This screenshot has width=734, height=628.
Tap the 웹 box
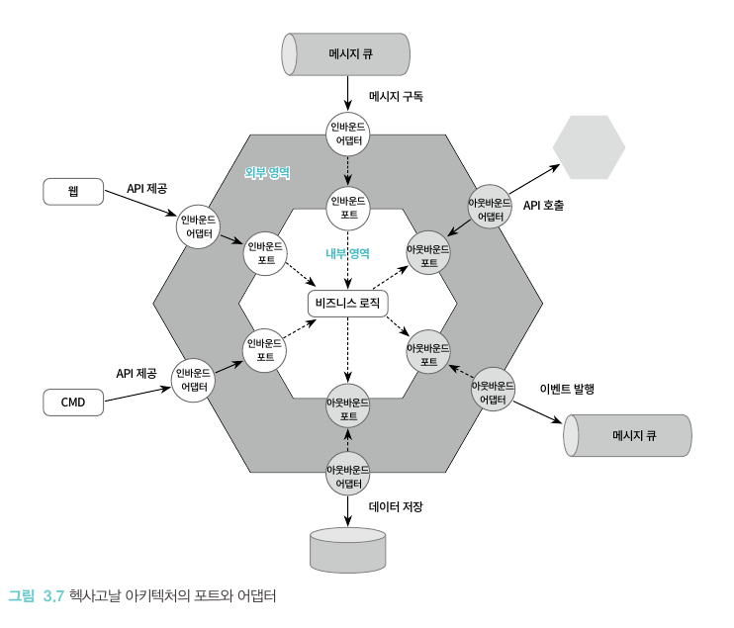click(x=73, y=191)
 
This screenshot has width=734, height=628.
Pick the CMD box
click(x=73, y=402)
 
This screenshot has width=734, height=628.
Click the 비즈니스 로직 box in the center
click(x=346, y=303)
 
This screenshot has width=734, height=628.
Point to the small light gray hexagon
click(x=590, y=147)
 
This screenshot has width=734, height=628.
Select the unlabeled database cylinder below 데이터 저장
click(x=347, y=549)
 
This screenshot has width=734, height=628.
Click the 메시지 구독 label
click(x=396, y=97)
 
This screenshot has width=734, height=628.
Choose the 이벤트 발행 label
click(x=567, y=389)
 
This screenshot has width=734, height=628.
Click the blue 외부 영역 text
click(x=267, y=172)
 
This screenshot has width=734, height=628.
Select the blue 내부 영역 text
click(x=347, y=253)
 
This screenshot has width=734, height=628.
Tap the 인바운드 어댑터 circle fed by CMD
click(x=194, y=380)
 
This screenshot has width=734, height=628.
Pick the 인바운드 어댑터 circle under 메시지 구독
click(x=347, y=134)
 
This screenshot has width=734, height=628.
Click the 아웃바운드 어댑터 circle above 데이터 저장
click(x=347, y=476)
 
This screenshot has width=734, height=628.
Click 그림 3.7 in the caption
click(x=36, y=596)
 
